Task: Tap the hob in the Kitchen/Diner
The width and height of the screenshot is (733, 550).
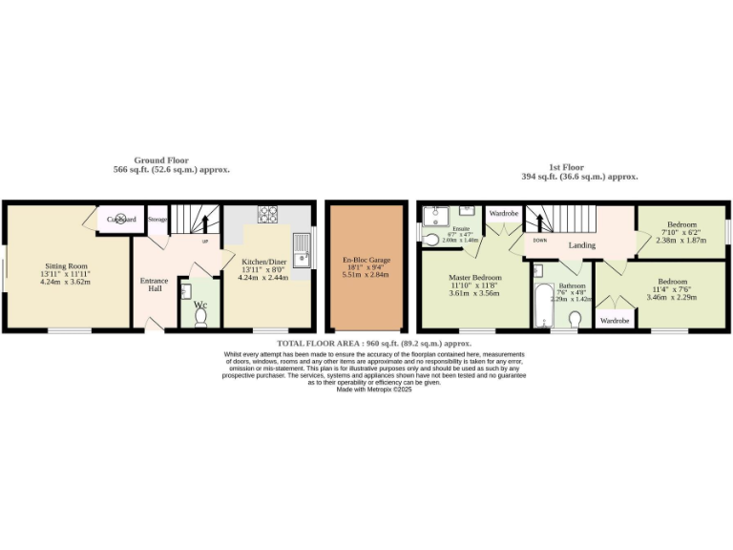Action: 267,215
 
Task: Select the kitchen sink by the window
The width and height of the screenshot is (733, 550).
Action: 303,245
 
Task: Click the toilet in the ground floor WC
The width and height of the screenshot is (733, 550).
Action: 200,318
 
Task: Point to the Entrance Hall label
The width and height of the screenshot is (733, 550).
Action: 155,285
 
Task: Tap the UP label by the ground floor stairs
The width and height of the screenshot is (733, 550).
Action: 205,241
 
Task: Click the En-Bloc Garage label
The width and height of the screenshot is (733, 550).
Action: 361,260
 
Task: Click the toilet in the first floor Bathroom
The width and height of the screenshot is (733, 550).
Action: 576,319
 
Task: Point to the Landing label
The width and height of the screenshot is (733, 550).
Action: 582,245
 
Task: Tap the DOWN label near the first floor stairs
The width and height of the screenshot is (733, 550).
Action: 540,241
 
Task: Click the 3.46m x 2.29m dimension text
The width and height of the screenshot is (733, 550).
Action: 672,298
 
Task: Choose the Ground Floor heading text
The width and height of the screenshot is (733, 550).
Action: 161,160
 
